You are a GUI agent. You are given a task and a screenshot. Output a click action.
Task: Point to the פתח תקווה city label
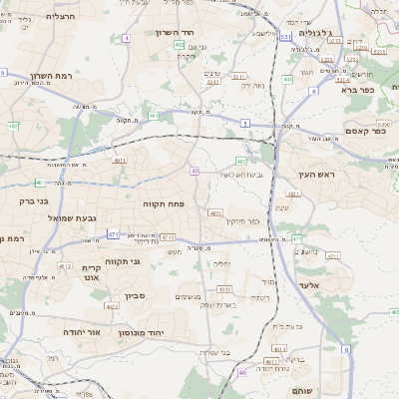click(x=160, y=202)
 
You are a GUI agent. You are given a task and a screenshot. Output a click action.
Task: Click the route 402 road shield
click(x=179, y=45)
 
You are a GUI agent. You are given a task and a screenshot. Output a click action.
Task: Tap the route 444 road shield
click(x=287, y=79)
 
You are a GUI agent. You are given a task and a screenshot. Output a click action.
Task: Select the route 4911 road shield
click(x=120, y=160)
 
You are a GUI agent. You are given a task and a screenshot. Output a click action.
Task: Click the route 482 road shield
click(x=13, y=126)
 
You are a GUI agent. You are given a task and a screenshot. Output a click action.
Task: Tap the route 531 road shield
click(x=286, y=36)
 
